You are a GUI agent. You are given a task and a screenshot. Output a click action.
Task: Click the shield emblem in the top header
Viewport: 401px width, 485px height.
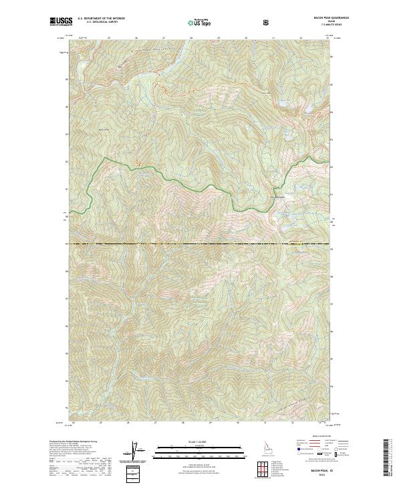coord(267,22)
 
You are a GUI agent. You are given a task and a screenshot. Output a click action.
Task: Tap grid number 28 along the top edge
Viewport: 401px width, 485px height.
coord(191,38)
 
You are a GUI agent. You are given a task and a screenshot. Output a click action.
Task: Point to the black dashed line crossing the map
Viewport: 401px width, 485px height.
coord(200,244)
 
